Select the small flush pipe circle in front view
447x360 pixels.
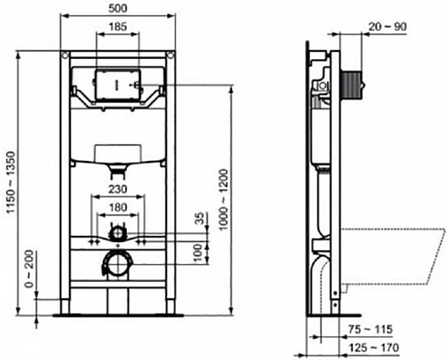(x=116, y=232)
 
